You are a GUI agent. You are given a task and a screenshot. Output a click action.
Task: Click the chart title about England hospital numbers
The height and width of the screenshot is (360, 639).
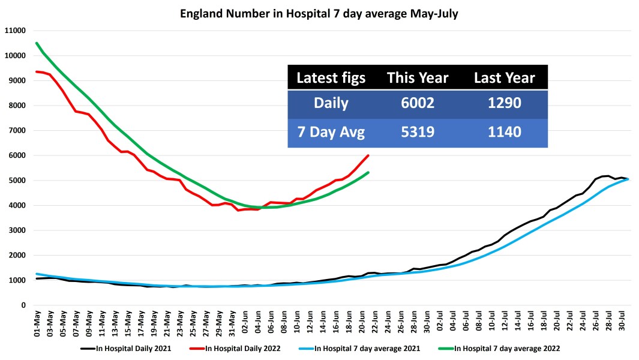point(319,14)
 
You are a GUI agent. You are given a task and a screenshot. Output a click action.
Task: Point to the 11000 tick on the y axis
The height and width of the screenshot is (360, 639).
point(16,31)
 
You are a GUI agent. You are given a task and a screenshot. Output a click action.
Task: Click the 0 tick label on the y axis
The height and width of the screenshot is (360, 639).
point(23,305)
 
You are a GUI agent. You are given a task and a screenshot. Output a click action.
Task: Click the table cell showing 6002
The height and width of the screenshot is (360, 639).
point(417,103)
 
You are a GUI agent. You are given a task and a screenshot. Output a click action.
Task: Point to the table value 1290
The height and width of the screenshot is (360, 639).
point(504,103)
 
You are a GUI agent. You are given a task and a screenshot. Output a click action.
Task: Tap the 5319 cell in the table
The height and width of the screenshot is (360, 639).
point(417,132)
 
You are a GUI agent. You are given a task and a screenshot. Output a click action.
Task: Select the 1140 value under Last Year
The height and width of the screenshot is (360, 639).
point(504,132)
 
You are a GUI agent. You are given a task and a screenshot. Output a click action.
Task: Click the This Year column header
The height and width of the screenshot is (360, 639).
point(417,77)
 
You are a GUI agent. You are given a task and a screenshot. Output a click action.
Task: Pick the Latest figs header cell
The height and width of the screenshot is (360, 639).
point(331,77)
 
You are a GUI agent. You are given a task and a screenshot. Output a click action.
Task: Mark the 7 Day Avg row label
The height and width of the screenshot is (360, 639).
point(331,132)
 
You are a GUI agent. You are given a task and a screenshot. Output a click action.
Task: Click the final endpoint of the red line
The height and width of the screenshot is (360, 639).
point(368,155)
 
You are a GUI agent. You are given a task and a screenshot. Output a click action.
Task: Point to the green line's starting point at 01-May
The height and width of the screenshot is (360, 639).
point(37,43)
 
